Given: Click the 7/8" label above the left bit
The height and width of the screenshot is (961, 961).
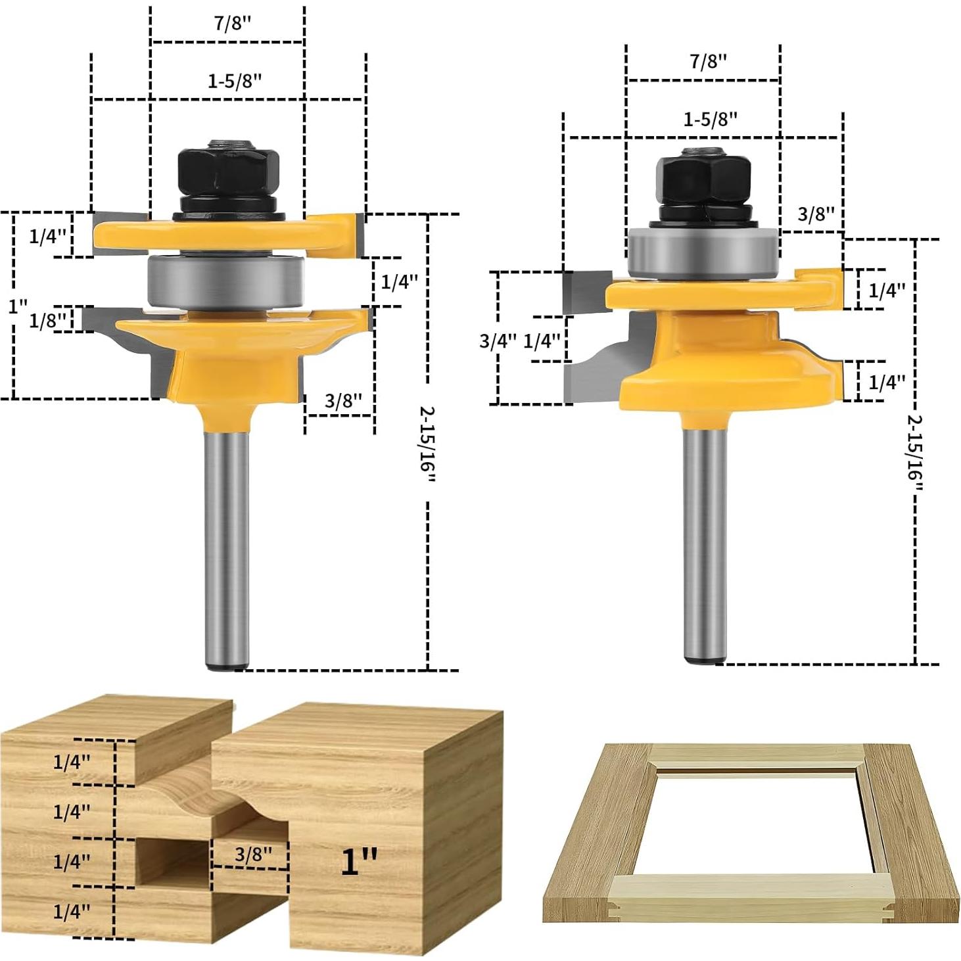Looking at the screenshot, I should tap(232, 24).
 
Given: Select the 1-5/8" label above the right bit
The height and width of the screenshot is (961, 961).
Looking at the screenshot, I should tap(710, 120).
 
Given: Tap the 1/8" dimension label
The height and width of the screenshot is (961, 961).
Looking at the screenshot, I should tap(47, 320).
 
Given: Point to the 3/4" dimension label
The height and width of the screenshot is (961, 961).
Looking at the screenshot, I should tap(498, 340).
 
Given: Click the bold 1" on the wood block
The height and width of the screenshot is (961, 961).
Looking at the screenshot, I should tap(359, 861).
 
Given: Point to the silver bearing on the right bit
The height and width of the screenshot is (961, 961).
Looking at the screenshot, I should tap(702, 253).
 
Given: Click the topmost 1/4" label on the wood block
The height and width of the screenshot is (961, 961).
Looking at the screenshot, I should tap(71, 762).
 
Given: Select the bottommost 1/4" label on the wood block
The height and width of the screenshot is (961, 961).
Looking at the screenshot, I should tap(71, 911).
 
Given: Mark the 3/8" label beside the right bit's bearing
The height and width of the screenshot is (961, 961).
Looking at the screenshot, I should tap(815, 214).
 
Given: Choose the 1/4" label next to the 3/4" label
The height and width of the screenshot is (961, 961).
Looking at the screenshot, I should tap(542, 340).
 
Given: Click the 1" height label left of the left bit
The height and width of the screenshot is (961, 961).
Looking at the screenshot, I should tap(18, 306).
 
